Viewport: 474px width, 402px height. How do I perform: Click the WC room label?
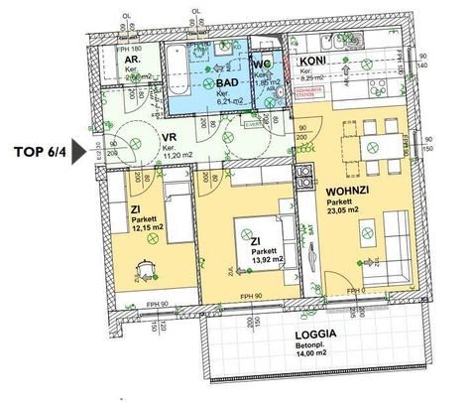[x=263, y=66]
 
